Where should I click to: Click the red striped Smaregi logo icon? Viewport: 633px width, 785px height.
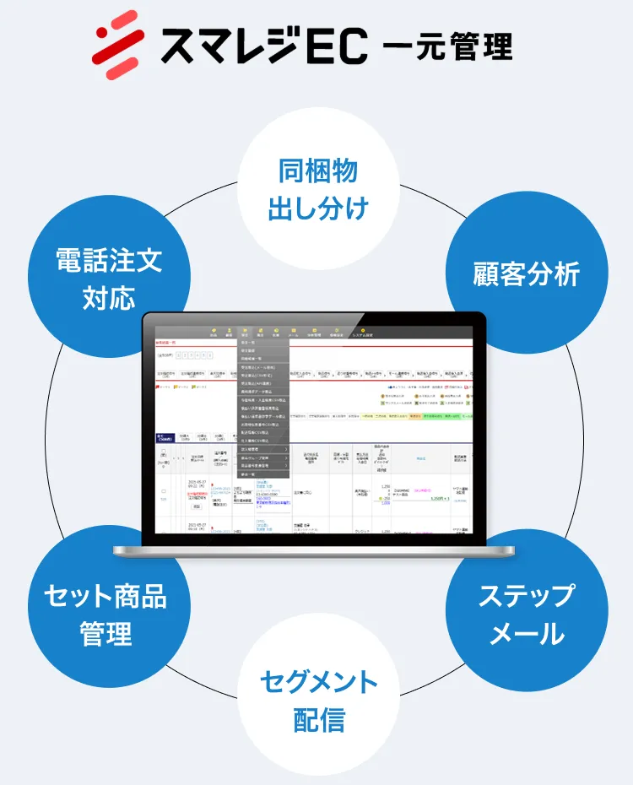click(x=116, y=38)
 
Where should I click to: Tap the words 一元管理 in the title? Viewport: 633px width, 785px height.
click(x=446, y=45)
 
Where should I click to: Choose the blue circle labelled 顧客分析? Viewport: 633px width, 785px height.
click(x=527, y=273)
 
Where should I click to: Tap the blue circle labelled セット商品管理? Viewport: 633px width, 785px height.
click(x=105, y=613)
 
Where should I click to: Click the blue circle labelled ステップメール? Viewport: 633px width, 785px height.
click(x=527, y=613)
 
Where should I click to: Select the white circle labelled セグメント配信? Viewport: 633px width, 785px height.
click(x=318, y=700)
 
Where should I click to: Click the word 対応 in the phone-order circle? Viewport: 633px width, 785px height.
click(x=108, y=298)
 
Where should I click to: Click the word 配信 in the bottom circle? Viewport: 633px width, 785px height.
click(x=318, y=720)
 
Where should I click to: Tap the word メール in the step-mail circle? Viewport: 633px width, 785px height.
click(x=527, y=633)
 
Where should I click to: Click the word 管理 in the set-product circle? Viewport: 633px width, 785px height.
click(x=105, y=633)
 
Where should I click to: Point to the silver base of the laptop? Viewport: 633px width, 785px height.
click(x=314, y=551)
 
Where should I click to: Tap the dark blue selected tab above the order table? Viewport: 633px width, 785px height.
click(x=165, y=438)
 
